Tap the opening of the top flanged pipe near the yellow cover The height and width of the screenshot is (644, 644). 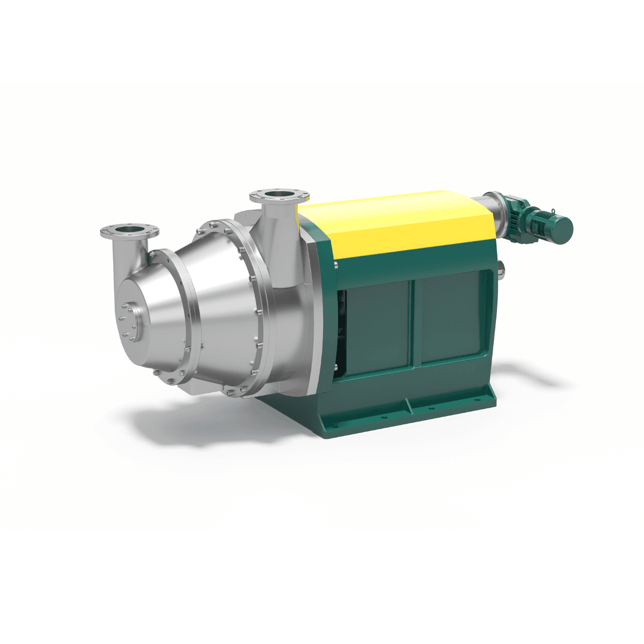pos(280,194)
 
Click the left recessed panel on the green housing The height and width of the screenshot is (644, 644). pos(376,327)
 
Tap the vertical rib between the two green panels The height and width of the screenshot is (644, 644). pos(413,322)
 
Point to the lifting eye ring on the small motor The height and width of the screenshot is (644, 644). pos(552,210)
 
